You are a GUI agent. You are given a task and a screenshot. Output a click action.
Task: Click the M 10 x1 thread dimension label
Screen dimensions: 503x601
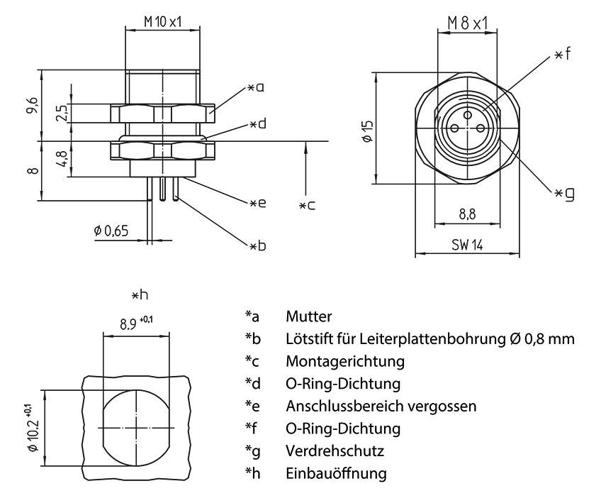[162, 22]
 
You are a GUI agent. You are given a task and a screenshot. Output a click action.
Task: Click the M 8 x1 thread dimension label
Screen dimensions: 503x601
[468, 24]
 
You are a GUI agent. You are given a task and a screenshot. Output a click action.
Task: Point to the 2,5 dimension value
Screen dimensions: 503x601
[62, 114]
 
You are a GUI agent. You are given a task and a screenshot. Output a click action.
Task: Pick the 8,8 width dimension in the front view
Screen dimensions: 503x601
[467, 211]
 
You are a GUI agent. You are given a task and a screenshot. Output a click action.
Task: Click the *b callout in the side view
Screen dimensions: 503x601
[257, 245]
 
